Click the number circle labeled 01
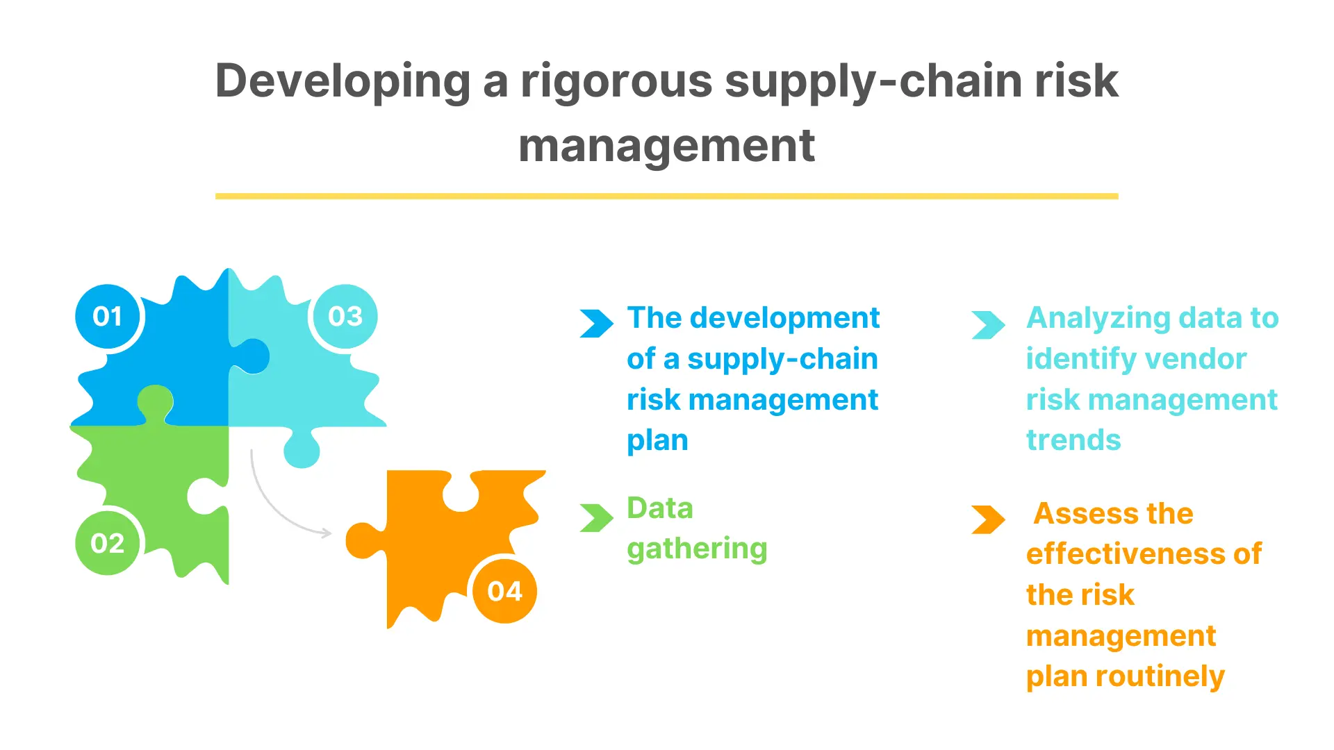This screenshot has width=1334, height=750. tap(107, 317)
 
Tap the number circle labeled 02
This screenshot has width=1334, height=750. tap(107, 543)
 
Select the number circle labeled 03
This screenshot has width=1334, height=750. tap(345, 317)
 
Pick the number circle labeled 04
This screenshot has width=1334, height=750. tap(504, 591)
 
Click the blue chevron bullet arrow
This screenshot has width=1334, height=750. tap(597, 324)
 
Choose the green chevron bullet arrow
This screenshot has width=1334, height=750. tap(597, 518)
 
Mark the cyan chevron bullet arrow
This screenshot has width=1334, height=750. tap(989, 324)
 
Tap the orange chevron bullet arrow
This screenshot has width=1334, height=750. tap(989, 519)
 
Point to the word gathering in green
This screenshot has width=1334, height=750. tap(697, 550)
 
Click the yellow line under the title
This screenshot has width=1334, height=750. tap(667, 197)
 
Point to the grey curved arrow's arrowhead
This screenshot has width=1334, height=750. tap(326, 533)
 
